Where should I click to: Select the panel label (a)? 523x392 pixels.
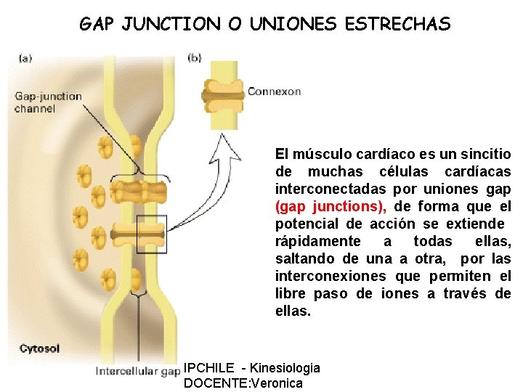[24, 57]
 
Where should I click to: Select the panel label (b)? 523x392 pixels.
[195, 57]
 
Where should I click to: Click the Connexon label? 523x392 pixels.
[274, 91]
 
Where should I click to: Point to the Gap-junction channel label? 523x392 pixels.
[48, 102]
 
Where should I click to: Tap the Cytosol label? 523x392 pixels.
[40, 348]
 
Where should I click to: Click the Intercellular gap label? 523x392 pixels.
[138, 372]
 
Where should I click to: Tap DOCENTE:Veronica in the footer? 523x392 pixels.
[243, 383]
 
